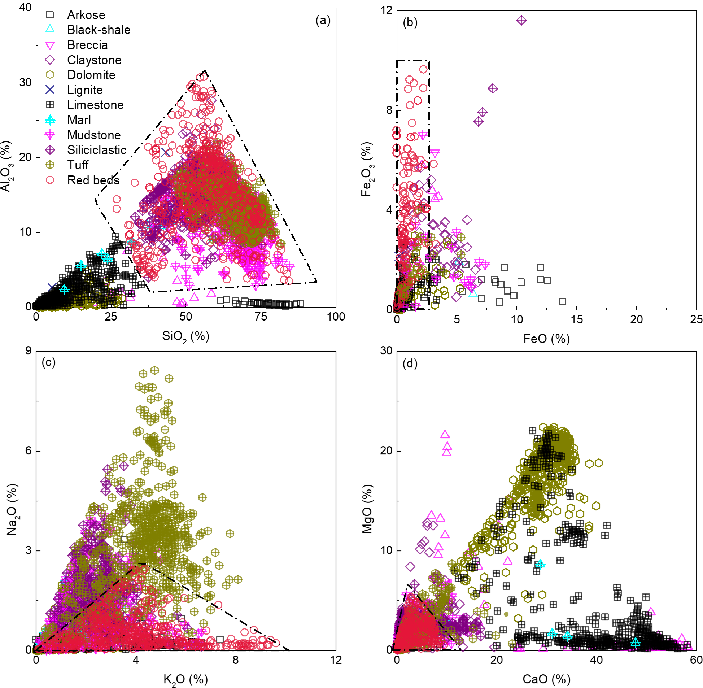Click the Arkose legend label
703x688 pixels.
pyautogui.click(x=86, y=15)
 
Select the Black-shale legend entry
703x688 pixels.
pyautogui.click(x=99, y=30)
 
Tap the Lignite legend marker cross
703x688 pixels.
pyautogui.click(x=50, y=90)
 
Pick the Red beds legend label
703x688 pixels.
pyautogui.click(x=93, y=180)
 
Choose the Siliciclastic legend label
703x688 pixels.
pyautogui.click(x=97, y=150)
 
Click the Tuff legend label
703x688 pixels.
pyautogui.click(x=78, y=165)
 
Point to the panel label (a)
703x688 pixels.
pyautogui.click(x=323, y=20)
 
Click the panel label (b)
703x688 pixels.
pyautogui.click(x=410, y=22)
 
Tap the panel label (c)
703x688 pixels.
pyautogui.click(x=48, y=362)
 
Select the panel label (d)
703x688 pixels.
pyautogui.click(x=410, y=363)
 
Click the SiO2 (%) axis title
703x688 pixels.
pyautogui.click(x=185, y=336)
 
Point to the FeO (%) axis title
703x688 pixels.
pyautogui.click(x=546, y=339)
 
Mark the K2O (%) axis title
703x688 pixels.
pyautogui.click(x=185, y=680)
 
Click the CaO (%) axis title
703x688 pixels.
pyautogui.click(x=546, y=679)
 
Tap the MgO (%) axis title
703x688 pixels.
pyautogui.click(x=367, y=509)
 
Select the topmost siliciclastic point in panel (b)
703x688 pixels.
pyautogui.click(x=521, y=21)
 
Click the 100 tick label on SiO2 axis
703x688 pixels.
pyautogui.click(x=336, y=317)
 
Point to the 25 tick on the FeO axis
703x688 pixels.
pyautogui.click(x=696, y=319)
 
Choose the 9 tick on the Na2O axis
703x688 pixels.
pyautogui.click(x=28, y=351)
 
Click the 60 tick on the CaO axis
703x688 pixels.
pyautogui.click(x=696, y=660)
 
